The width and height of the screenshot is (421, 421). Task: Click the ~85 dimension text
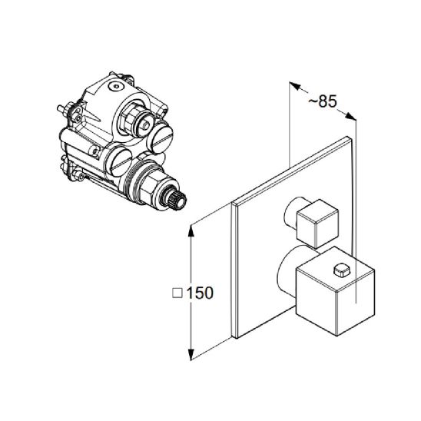pyautogui.click(x=322, y=101)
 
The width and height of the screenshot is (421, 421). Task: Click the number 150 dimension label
pyautogui.click(x=200, y=293)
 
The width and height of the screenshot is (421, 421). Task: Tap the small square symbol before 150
pyautogui.click(x=177, y=293)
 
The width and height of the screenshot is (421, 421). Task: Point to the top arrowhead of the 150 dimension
pyautogui.click(x=191, y=231)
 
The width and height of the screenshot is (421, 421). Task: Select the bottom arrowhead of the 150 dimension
pyautogui.click(x=191, y=354)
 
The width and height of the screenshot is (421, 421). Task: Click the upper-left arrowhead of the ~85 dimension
pyautogui.click(x=295, y=87)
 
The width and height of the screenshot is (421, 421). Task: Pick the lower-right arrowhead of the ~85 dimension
pyautogui.click(x=350, y=116)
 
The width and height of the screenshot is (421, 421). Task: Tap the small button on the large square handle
pyautogui.click(x=341, y=270)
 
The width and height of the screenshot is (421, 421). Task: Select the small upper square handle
pyautogui.click(x=317, y=224)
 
